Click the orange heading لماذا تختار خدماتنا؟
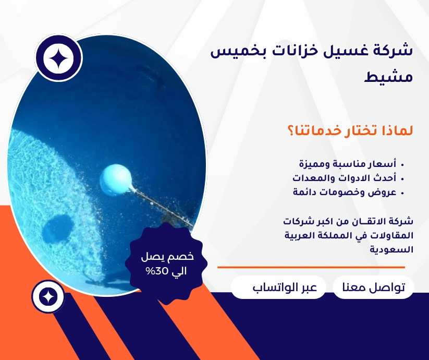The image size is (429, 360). (x=350, y=130)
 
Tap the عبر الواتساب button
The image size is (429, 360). (x=278, y=287)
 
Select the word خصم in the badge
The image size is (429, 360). (x=183, y=256)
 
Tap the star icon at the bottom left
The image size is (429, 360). (x=48, y=296)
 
